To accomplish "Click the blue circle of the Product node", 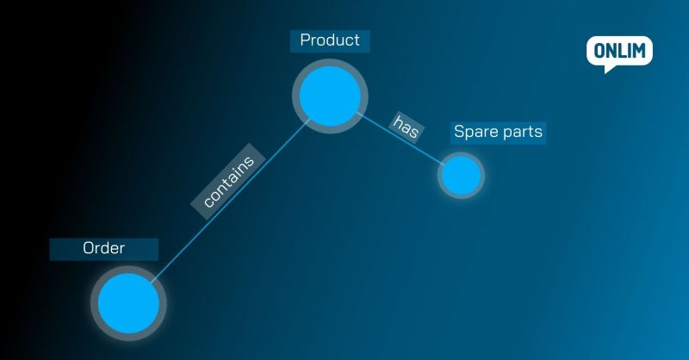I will (328, 96).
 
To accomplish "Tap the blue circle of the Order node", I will (128, 302).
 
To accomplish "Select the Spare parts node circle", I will (461, 176).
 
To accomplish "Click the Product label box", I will (330, 40).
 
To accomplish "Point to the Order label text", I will (104, 248).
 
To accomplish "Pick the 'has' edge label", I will (406, 126).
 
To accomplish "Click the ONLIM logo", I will (618, 53).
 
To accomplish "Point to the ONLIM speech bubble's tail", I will (611, 68).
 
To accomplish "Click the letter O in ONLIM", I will (596, 51).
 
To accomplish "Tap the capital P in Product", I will (305, 40).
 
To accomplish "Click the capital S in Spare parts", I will (459, 133).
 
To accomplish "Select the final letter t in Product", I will (356, 40).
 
